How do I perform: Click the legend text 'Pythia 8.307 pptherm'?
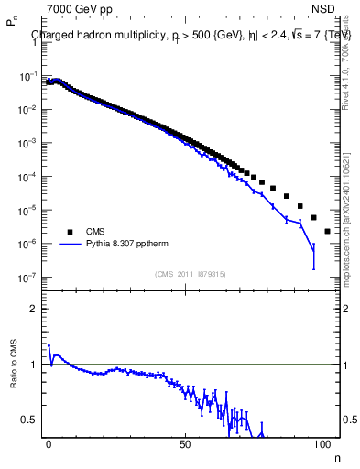(130, 245)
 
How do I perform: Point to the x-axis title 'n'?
(334, 457)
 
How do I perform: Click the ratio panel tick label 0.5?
(30, 420)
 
